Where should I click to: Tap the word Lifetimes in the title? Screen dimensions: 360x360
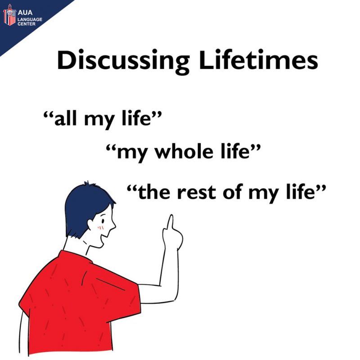coord(258,59)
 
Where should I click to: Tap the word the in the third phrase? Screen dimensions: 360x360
coord(154,191)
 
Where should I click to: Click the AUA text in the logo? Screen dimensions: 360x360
coord(25,13)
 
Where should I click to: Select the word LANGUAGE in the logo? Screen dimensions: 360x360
coord(30,19)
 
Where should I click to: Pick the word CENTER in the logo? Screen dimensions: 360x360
coord(27,24)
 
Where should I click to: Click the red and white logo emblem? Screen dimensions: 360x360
coord(9,15)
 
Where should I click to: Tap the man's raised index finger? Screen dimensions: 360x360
coord(171,222)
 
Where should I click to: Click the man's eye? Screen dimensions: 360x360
coord(103,221)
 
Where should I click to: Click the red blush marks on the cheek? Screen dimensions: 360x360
coord(100,228)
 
